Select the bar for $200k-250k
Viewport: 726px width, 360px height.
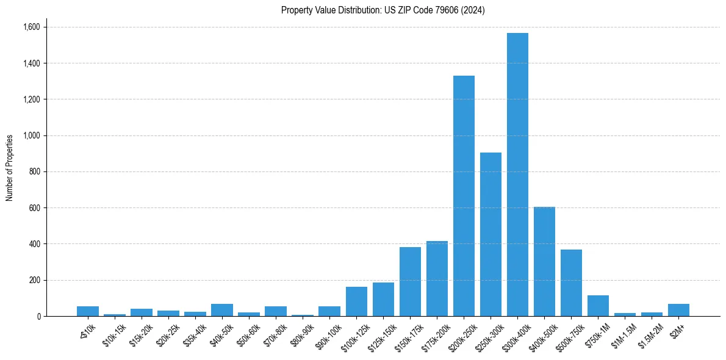pyautogui.click(x=464, y=196)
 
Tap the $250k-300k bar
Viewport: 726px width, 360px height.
pyautogui.click(x=491, y=234)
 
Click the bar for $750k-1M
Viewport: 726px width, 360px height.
pyautogui.click(x=598, y=306)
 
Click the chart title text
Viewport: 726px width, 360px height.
pyautogui.click(x=383, y=10)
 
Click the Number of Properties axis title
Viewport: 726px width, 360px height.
pyautogui.click(x=10, y=167)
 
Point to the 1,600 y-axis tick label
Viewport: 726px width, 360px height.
pyautogui.click(x=31, y=27)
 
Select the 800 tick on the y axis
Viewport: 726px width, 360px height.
pyautogui.click(x=35, y=171)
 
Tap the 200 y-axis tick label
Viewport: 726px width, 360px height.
pyautogui.click(x=35, y=280)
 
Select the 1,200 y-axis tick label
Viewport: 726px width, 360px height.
pyautogui.click(x=31, y=99)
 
